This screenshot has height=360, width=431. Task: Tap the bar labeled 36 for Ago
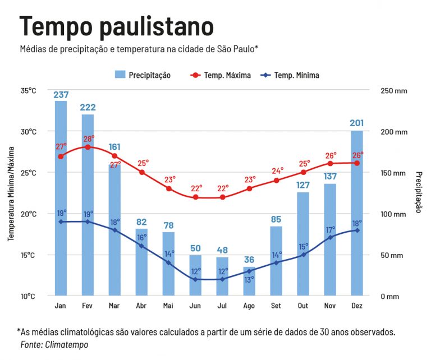tap(249, 283)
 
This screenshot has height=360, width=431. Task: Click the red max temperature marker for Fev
tap(88, 147)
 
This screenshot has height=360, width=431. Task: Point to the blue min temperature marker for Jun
tap(195, 279)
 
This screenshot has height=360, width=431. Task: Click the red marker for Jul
tap(222, 197)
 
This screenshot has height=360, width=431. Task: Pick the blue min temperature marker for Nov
tap(330, 237)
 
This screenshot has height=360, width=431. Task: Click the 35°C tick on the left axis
tap(28, 91)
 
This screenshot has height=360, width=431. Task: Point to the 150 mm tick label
tap(393, 173)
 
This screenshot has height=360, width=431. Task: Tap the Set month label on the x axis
tap(276, 306)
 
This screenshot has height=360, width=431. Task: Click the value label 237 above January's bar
tap(61, 95)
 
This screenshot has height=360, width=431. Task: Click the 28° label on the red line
tap(89, 138)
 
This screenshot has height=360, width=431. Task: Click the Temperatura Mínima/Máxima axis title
tap(11, 193)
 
